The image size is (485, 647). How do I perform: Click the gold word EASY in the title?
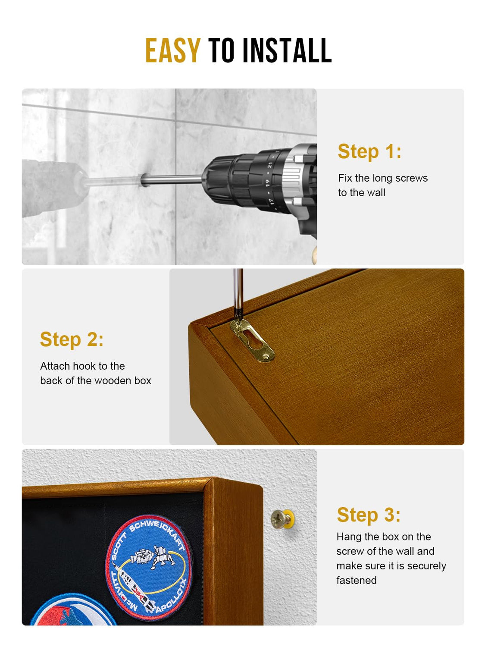pos(173,50)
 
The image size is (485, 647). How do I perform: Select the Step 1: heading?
pos(369,151)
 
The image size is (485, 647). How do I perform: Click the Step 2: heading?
pos(72,339)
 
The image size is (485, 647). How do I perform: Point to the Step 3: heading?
pos(369,515)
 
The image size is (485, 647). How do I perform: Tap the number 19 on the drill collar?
pos(267,183)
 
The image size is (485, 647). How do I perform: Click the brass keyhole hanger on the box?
pos(252,340)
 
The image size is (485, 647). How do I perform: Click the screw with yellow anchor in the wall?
pos(282,518)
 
